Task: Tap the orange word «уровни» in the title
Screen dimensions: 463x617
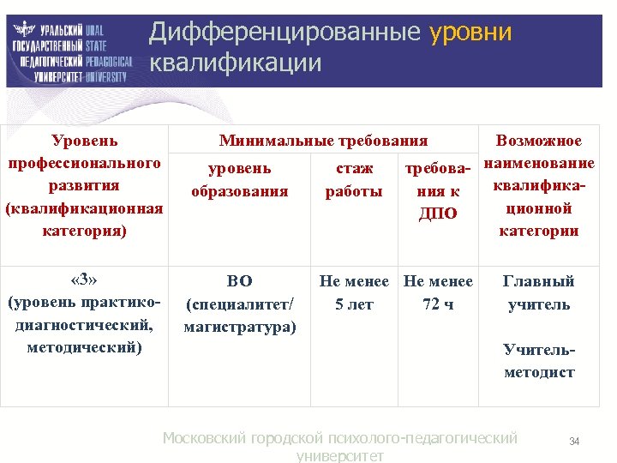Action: pyautogui.click(x=470, y=33)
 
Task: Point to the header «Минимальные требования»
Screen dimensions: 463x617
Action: pyautogui.click(x=323, y=141)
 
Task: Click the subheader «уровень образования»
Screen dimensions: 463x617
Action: pyautogui.click(x=239, y=179)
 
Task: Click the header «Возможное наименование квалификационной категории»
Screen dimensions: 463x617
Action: pyautogui.click(x=539, y=185)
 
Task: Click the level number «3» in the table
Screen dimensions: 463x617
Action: pyautogui.click(x=84, y=280)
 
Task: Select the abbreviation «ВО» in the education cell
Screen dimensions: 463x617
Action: pyautogui.click(x=239, y=280)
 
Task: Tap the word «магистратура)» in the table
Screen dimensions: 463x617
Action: pyautogui.click(x=239, y=327)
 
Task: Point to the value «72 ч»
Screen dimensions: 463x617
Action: pyautogui.click(x=437, y=304)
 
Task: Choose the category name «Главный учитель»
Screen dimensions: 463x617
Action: pyautogui.click(x=538, y=292)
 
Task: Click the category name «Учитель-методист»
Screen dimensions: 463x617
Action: pyautogui.click(x=538, y=361)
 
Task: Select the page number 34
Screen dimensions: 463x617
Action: pyautogui.click(x=574, y=442)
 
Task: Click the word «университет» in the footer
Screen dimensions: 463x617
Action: pyautogui.click(x=339, y=456)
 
